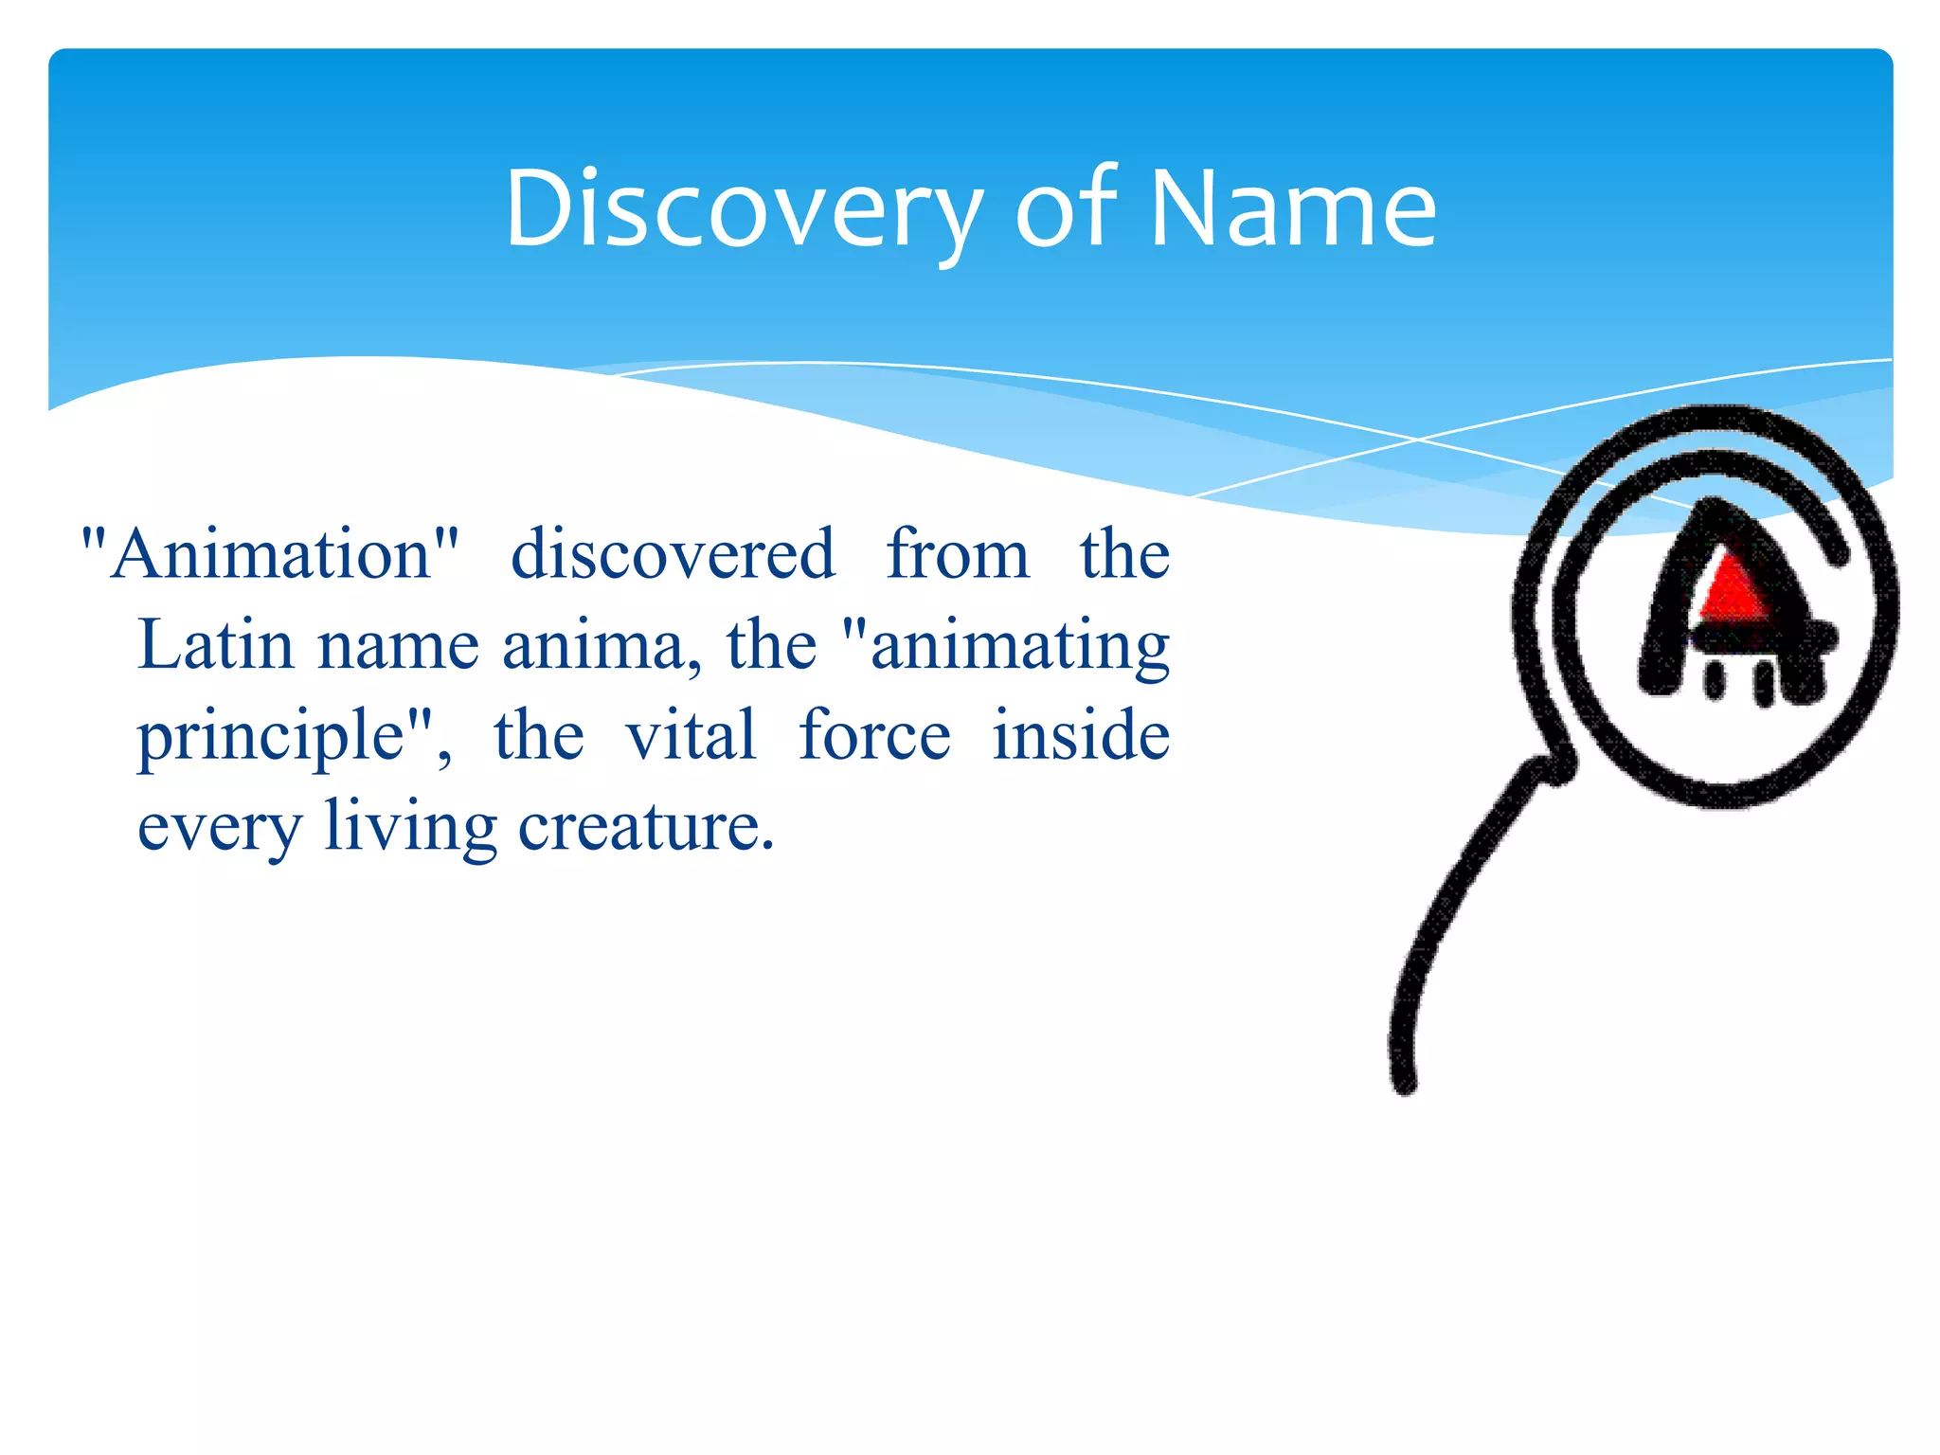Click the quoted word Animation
coord(271,554)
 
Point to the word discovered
coord(673,554)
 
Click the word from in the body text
coord(957,554)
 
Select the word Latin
coord(216,645)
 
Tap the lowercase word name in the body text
coord(398,645)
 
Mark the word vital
coord(691,735)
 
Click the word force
coord(874,735)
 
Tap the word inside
coord(1081,735)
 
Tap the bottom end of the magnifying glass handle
coord(1405,1080)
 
